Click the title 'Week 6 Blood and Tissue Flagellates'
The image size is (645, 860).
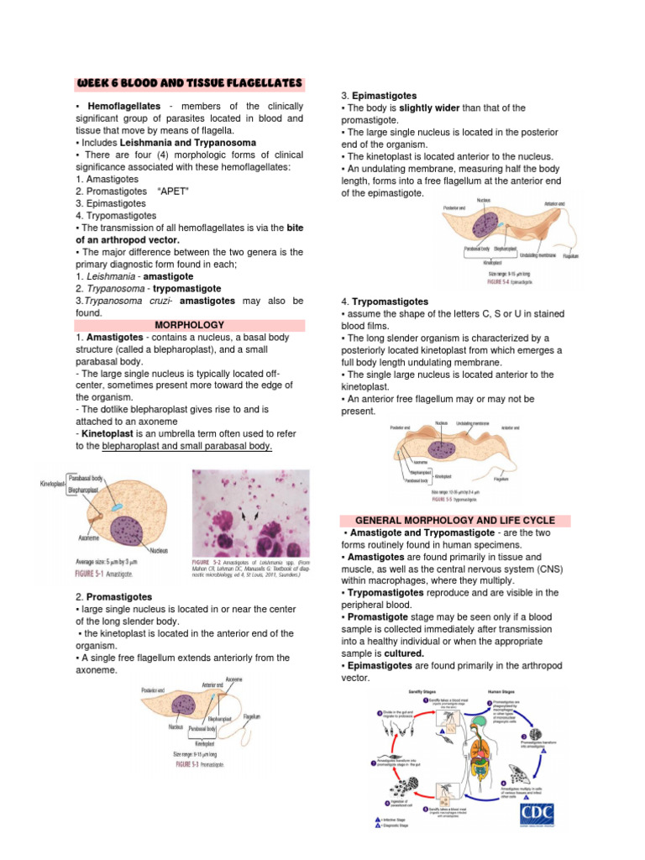coord(189,83)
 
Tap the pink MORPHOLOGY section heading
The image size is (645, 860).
coord(190,324)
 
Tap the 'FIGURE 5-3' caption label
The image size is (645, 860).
coord(195,765)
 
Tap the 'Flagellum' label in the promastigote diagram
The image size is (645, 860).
coord(252,716)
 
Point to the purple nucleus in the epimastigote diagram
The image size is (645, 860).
coord(486,227)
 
